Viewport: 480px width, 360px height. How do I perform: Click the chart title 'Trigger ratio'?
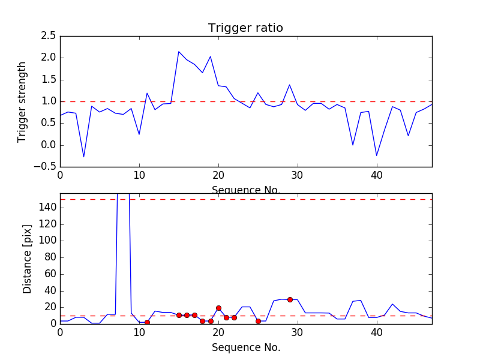click(x=245, y=28)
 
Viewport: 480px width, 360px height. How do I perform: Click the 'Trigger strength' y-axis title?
click(x=22, y=101)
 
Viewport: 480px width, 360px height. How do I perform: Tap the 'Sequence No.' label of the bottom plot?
click(x=246, y=347)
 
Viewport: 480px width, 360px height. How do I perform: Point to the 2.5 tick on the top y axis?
click(x=49, y=36)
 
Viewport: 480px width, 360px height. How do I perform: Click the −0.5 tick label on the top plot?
click(x=46, y=167)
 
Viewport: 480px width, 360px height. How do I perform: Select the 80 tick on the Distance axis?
click(x=50, y=257)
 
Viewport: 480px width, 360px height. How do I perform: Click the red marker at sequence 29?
click(x=290, y=299)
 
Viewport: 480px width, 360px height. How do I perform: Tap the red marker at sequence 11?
click(x=147, y=322)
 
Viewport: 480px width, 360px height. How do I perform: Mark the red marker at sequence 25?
click(x=258, y=321)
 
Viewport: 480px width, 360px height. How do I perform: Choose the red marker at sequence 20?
click(x=218, y=308)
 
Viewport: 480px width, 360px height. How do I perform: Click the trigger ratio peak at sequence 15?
click(x=179, y=52)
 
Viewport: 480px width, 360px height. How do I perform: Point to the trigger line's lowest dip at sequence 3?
click(x=84, y=157)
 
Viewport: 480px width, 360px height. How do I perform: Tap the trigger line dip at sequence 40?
click(x=377, y=156)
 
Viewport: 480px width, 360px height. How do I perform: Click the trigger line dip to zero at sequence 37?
click(x=353, y=145)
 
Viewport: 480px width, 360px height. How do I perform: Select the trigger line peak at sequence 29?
click(x=290, y=85)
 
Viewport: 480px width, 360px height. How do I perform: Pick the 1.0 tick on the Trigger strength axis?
click(x=49, y=101)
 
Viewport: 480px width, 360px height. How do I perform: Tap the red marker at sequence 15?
click(x=179, y=315)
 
